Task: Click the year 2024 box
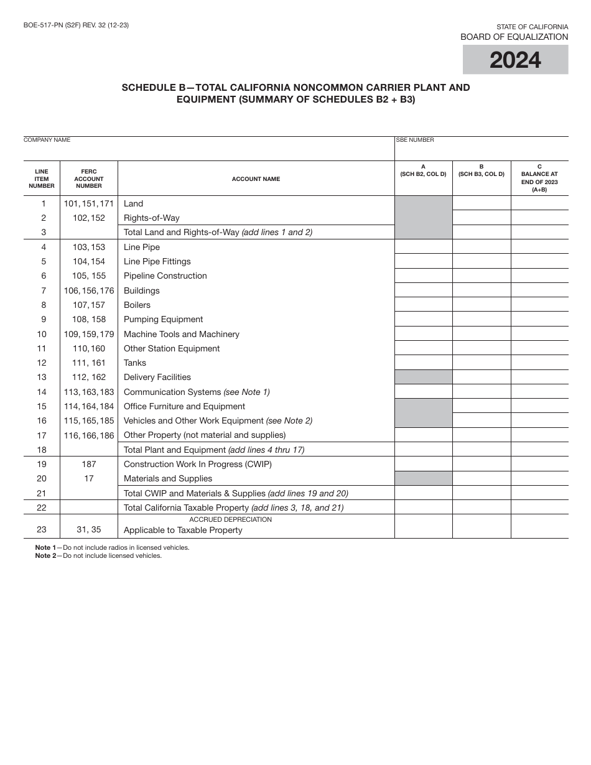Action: [515, 60]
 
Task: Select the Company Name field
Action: [208, 150]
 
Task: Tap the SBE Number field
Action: [482, 150]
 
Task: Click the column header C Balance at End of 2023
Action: [539, 178]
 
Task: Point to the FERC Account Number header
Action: [89, 178]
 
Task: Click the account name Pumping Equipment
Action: [163, 320]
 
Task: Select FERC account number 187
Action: [89, 464]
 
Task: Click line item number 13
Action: [42, 377]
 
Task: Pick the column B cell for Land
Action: [482, 203]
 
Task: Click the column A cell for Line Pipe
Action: [423, 247]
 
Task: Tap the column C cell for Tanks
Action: [539, 363]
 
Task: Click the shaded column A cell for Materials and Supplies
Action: [423, 478]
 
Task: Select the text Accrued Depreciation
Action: [230, 519]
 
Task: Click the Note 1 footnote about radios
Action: [112, 547]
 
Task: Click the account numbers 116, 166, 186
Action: [89, 435]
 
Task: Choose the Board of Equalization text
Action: [514, 37]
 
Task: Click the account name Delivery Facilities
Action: [157, 377]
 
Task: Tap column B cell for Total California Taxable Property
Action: [482, 508]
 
